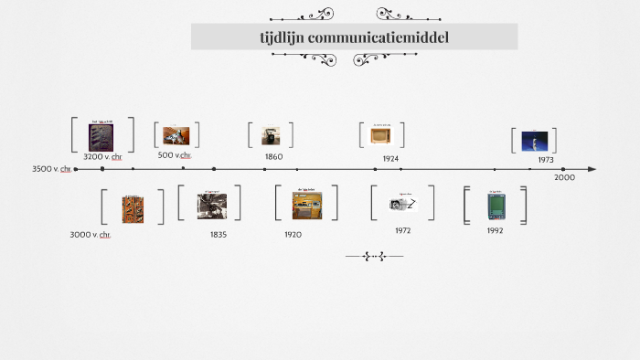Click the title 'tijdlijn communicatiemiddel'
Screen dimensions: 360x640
click(x=354, y=37)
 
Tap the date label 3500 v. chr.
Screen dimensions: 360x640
click(x=52, y=169)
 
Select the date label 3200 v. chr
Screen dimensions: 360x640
click(x=102, y=156)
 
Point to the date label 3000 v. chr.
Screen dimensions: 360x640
click(x=91, y=235)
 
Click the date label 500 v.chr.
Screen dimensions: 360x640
click(x=175, y=155)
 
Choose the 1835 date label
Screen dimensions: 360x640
click(x=219, y=235)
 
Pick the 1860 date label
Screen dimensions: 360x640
click(x=273, y=156)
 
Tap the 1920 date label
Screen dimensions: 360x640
click(x=293, y=235)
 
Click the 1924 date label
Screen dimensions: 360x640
click(x=390, y=158)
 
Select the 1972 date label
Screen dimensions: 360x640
click(x=403, y=230)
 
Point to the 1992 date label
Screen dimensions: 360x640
click(x=495, y=230)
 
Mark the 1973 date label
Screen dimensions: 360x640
click(x=546, y=160)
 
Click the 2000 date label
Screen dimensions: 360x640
click(x=564, y=177)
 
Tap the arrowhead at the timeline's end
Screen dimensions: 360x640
click(x=592, y=169)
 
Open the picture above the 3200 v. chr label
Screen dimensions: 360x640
click(x=101, y=135)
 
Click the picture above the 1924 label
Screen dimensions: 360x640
click(x=381, y=134)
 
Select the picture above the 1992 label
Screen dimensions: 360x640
click(x=496, y=205)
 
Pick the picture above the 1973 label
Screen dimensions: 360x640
click(x=534, y=140)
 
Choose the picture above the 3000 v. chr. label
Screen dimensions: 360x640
click(x=133, y=208)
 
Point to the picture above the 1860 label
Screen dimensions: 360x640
click(x=271, y=135)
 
